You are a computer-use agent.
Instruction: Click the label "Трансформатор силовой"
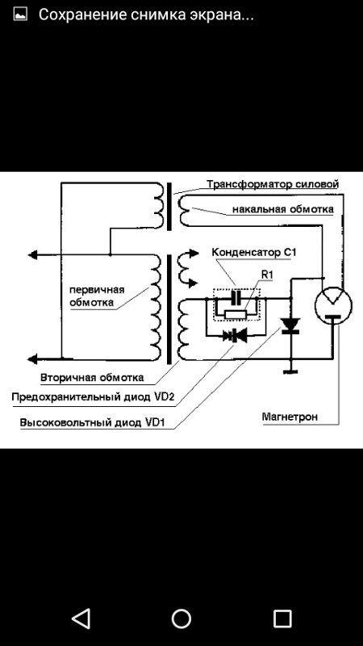click(273, 183)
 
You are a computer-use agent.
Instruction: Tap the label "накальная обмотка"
click(283, 209)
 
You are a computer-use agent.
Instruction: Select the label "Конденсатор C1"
click(253, 253)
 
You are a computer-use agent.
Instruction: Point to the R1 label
click(268, 275)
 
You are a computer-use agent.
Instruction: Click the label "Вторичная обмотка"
click(92, 377)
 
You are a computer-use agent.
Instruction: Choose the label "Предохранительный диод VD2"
click(94, 397)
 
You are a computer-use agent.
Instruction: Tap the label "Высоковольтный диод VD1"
click(97, 423)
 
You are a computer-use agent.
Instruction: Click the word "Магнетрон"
click(290, 417)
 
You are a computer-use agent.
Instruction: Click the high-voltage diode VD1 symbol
click(290, 325)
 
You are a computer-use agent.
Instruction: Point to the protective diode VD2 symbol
click(235, 336)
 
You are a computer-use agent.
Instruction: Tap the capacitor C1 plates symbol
click(236, 297)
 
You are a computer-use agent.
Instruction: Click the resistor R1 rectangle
click(236, 315)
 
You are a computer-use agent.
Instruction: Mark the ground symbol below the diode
click(290, 371)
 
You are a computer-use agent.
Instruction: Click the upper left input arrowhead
click(33, 255)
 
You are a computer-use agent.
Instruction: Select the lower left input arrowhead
click(33, 359)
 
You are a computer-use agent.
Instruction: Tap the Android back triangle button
click(81, 619)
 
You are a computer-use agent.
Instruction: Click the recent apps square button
click(282, 619)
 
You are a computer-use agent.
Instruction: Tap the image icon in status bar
click(20, 15)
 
